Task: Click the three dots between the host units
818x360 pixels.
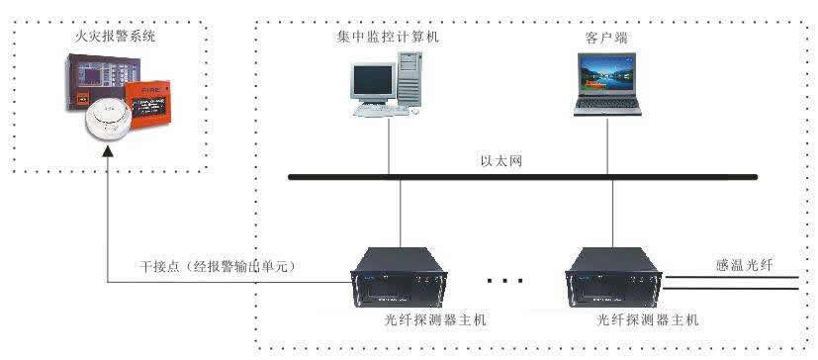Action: [504, 282]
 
